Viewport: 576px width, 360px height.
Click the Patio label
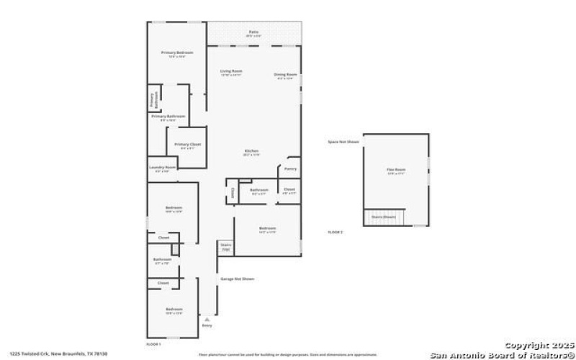click(x=253, y=32)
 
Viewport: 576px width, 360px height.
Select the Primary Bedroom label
click(x=176, y=53)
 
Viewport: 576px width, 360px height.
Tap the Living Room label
click(x=231, y=71)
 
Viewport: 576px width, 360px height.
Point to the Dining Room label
click(x=285, y=75)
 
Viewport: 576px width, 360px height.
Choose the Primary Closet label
click(x=188, y=145)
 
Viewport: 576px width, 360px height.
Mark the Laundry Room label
click(x=162, y=168)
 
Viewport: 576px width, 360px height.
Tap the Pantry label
click(x=290, y=168)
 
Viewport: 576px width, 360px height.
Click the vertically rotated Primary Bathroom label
click(x=152, y=101)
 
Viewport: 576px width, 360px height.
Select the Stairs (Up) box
click(x=225, y=246)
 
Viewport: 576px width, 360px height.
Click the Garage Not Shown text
click(x=237, y=279)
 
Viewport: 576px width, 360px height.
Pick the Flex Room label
click(x=396, y=171)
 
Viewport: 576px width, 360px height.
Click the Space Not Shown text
click(x=343, y=142)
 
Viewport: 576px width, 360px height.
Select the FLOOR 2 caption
click(x=336, y=232)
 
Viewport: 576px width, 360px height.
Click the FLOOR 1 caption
click(x=154, y=345)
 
